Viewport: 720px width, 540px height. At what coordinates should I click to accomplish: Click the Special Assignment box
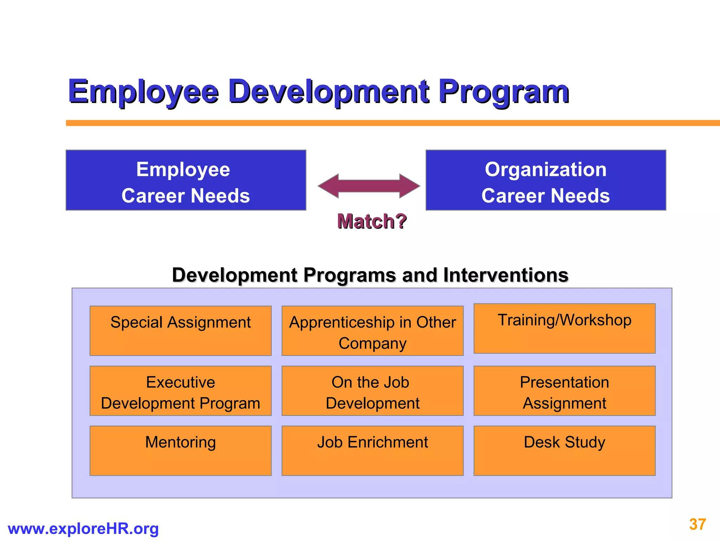[x=180, y=330]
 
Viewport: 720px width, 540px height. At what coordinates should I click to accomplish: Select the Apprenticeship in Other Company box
[x=372, y=330]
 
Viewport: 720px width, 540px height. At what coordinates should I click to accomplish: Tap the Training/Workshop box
[x=564, y=328]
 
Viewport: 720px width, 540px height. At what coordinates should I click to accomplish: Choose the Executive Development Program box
[x=180, y=391]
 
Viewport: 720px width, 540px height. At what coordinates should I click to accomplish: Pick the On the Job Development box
[x=372, y=391]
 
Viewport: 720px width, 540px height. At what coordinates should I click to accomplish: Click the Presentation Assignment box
[x=564, y=391]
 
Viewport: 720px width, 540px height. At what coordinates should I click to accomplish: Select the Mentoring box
[x=180, y=450]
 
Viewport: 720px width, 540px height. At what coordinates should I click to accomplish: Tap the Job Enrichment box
[x=372, y=450]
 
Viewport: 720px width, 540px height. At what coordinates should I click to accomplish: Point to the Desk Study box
[x=564, y=450]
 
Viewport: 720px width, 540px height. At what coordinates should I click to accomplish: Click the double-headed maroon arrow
[x=369, y=186]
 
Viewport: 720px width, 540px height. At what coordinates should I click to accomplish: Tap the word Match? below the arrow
[x=372, y=221]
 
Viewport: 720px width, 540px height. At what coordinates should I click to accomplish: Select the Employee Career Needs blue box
[x=186, y=180]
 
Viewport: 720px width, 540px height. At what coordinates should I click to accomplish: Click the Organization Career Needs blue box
[x=546, y=180]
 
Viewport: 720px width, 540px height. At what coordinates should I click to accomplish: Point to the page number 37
[x=697, y=525]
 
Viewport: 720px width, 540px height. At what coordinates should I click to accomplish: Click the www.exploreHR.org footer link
[x=83, y=529]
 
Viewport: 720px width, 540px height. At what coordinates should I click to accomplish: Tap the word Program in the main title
[x=503, y=92]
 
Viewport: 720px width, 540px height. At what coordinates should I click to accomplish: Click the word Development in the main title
[x=329, y=92]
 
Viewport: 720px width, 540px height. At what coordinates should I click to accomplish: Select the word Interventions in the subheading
[x=506, y=275]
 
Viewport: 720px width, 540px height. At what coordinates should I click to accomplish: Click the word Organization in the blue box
[x=546, y=169]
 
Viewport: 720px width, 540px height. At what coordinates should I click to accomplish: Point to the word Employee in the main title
[x=143, y=92]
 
